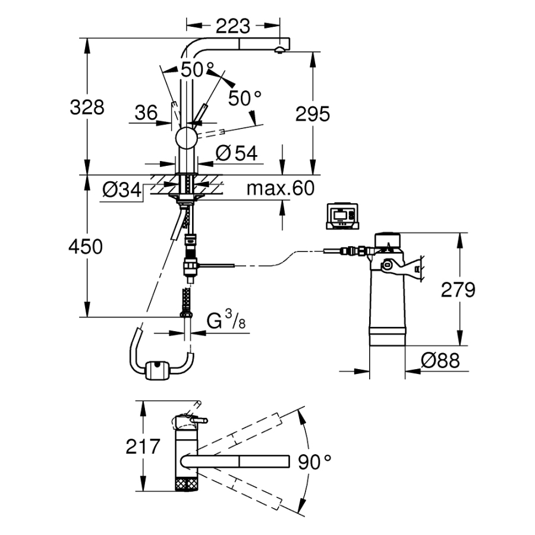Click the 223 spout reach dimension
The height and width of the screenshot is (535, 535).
click(233, 26)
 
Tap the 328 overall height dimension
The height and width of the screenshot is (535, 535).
click(87, 108)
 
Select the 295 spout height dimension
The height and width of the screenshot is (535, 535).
click(312, 114)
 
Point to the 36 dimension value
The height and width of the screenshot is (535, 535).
click(146, 112)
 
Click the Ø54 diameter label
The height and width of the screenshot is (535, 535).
click(237, 153)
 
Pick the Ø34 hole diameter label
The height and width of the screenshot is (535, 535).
click(121, 190)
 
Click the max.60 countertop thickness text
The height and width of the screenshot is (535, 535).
click(279, 188)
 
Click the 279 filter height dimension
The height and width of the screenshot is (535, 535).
click(458, 290)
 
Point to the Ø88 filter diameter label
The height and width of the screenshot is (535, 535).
click(439, 361)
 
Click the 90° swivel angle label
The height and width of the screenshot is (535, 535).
click(314, 461)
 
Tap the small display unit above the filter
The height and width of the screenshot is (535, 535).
click(343, 215)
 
